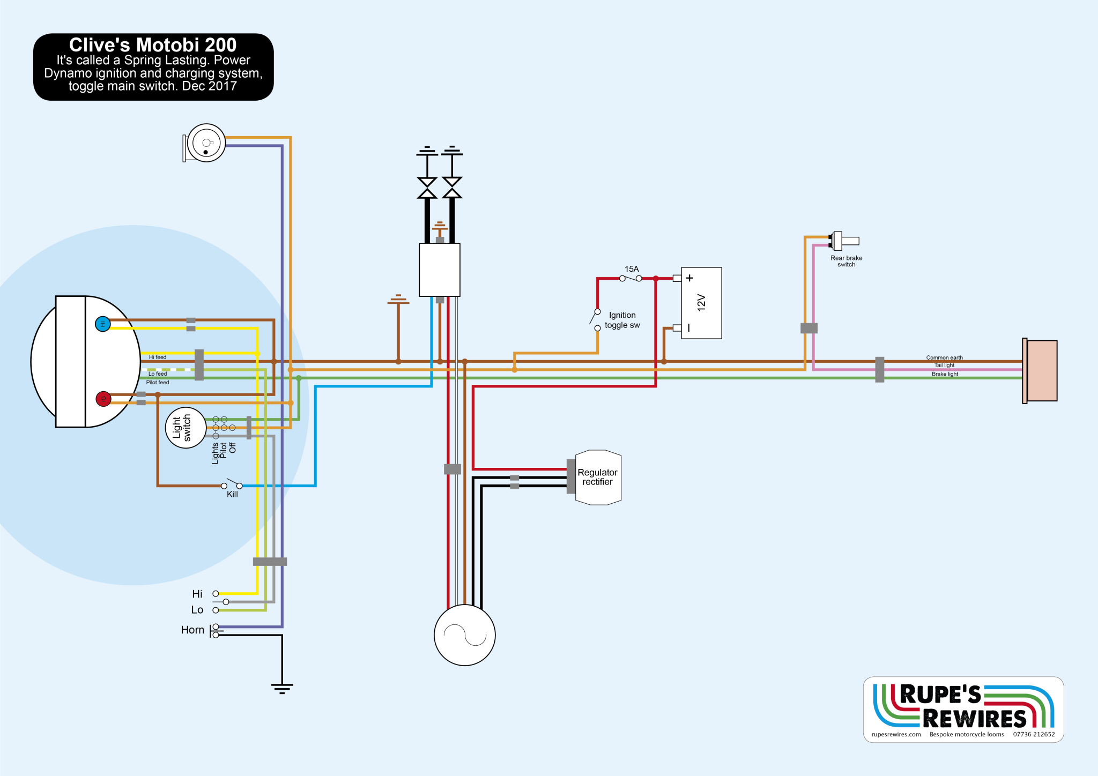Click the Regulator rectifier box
598,477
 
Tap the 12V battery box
701,303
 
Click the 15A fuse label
632,269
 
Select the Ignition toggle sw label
622,320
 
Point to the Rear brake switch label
846,261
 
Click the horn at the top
206,143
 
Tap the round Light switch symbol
186,428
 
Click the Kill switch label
232,494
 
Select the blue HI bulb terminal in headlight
103,324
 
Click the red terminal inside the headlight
103,399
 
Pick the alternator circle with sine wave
464,635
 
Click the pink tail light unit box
1041,370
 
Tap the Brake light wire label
945,374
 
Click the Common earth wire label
944,357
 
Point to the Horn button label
192,630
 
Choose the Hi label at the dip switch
197,594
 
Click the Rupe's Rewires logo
963,709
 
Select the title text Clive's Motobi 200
153,45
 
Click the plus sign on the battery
689,278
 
